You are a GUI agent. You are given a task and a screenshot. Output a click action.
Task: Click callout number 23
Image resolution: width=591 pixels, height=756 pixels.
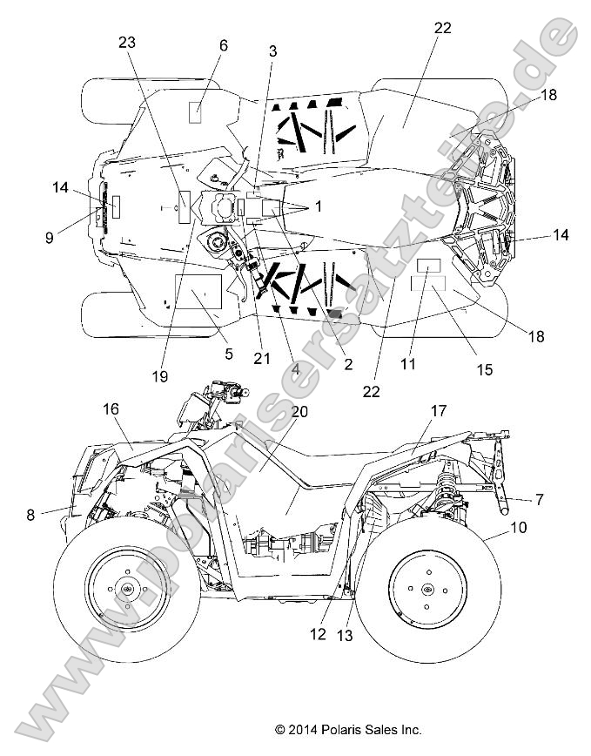click(x=128, y=43)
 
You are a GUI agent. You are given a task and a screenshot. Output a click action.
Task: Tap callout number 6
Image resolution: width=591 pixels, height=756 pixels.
click(x=224, y=45)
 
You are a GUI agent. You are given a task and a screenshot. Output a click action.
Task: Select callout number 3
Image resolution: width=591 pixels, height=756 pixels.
click(x=272, y=51)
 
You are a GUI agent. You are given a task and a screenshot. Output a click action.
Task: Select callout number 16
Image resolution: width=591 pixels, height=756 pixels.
click(x=111, y=408)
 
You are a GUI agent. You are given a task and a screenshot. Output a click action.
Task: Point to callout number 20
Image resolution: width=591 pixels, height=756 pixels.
click(x=275, y=415)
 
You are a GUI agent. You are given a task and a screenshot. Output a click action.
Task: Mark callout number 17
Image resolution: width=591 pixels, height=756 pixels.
click(x=438, y=409)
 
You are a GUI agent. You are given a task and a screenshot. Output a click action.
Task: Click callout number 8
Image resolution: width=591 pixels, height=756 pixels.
click(x=30, y=515)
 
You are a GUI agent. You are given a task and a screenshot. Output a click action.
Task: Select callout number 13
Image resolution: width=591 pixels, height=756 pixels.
click(x=345, y=636)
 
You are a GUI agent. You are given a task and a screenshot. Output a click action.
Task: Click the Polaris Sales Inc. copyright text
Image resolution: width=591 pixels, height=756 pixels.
click(x=347, y=729)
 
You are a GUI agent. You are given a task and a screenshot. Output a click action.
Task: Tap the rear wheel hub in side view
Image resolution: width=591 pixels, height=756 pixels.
click(x=426, y=590)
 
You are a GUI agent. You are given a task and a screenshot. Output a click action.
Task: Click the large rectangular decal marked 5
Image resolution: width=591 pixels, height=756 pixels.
click(x=199, y=294)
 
